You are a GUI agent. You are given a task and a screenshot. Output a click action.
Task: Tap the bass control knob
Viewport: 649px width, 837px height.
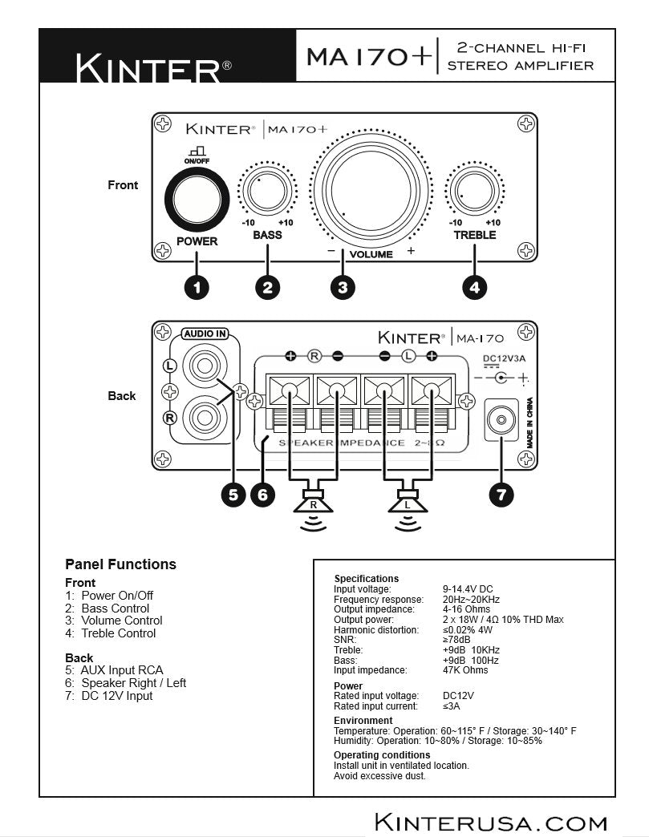(267, 191)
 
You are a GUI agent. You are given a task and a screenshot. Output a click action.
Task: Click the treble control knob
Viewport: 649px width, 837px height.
(474, 192)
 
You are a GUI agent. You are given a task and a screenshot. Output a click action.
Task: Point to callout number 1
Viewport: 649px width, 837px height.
(197, 287)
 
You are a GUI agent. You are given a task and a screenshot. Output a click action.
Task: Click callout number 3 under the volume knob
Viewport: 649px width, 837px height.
(343, 287)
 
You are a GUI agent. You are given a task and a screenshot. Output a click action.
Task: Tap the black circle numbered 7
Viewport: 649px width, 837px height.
(501, 495)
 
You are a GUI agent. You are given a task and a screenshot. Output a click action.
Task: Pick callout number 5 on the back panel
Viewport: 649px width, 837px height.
(233, 495)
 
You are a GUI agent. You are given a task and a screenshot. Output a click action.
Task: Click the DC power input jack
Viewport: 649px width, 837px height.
(502, 419)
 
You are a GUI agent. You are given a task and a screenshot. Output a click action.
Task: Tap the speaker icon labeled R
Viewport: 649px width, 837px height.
(314, 505)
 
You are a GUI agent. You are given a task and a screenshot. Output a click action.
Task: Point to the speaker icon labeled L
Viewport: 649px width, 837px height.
(408, 505)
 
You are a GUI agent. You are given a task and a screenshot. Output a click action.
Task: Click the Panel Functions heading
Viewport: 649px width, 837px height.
(120, 564)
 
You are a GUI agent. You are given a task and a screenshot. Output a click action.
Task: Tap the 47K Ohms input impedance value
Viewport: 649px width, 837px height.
(465, 670)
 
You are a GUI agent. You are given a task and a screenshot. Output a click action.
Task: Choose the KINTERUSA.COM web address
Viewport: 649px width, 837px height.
(491, 822)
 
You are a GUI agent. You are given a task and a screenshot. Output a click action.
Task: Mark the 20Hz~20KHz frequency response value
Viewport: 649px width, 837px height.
(472, 600)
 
